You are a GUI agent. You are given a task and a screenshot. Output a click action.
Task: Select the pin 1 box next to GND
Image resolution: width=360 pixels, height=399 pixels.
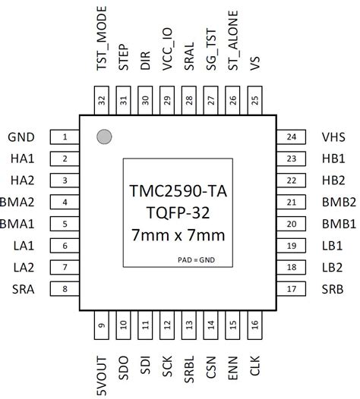pyautogui.click(x=65, y=137)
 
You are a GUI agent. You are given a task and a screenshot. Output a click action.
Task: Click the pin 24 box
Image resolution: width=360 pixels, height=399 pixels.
pyautogui.click(x=291, y=137)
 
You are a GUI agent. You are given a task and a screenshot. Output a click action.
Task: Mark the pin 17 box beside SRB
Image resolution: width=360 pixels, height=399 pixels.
pyautogui.click(x=291, y=288)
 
